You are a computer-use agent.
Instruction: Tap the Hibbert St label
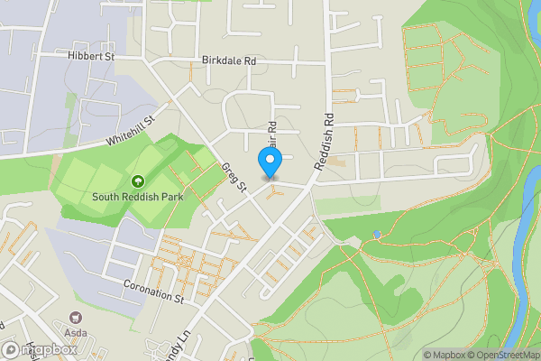92,56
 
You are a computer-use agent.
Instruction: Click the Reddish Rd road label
324,142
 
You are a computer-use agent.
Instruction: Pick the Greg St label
234,177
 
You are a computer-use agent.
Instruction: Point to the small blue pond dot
377,235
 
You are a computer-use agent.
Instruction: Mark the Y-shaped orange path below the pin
276,191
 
